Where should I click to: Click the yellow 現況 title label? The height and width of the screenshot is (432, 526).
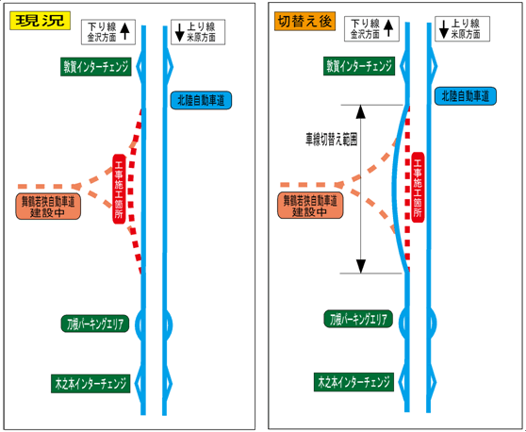point(40,21)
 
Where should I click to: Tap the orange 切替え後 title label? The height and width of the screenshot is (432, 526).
point(304,22)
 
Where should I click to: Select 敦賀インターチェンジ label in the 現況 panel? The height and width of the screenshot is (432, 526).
point(96,67)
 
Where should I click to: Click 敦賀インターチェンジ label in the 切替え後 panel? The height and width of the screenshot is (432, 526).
point(359,66)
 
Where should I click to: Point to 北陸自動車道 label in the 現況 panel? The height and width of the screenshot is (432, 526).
point(201,100)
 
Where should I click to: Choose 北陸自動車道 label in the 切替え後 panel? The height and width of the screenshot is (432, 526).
point(466,96)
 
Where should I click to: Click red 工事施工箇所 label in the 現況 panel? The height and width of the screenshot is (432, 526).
point(119,189)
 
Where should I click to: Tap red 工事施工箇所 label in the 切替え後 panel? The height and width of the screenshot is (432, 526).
point(418,188)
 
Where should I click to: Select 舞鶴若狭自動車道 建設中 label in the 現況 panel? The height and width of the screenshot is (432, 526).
point(48,207)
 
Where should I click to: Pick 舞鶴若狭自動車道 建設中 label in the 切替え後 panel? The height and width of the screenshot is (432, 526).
point(310,205)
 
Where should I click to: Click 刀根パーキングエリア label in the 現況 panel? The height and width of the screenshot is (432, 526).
point(95,324)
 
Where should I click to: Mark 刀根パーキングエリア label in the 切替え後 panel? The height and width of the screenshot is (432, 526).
point(358,319)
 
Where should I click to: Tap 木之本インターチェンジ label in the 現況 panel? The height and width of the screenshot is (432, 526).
point(90,383)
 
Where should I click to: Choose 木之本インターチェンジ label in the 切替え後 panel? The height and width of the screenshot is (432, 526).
point(353,382)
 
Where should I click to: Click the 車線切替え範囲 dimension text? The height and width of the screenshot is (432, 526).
point(331,139)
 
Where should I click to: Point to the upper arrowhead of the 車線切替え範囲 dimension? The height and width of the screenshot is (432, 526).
point(361,112)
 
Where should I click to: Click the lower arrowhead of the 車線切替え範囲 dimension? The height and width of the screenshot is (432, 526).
point(361,266)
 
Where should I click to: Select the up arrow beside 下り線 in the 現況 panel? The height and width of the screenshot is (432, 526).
point(124,31)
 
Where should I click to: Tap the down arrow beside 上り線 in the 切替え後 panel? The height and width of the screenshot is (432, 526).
point(444,29)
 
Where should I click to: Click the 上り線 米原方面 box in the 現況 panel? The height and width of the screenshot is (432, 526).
point(198,32)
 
